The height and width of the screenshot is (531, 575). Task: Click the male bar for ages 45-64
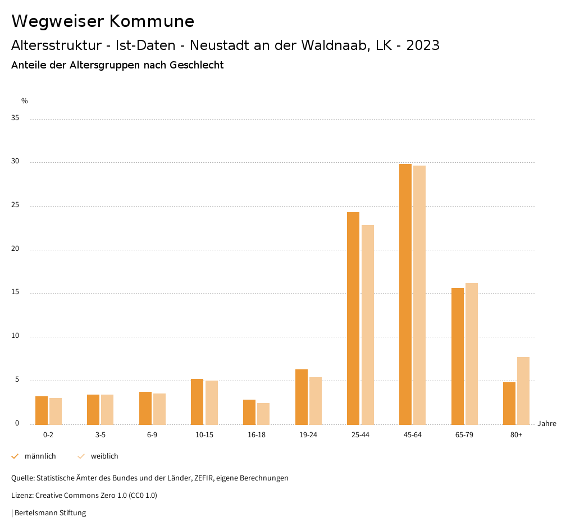click(405, 294)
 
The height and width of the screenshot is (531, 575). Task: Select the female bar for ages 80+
click(523, 391)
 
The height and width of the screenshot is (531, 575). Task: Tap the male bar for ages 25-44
click(353, 318)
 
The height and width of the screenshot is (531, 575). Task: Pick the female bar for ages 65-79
click(472, 354)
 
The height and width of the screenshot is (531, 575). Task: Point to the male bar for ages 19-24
click(302, 397)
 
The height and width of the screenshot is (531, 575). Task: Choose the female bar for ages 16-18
click(263, 414)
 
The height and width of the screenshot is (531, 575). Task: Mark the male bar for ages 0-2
click(42, 410)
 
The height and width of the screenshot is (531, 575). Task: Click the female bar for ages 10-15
click(211, 402)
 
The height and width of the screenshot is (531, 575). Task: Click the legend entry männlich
click(40, 456)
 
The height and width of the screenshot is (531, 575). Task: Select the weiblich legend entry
click(104, 456)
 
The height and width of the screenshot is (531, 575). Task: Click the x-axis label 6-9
click(152, 435)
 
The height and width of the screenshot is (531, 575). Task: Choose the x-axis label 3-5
click(101, 435)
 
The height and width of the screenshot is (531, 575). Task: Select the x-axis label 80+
click(517, 435)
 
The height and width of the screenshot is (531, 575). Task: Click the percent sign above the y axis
click(25, 101)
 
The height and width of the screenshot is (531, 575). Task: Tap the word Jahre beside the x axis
click(547, 424)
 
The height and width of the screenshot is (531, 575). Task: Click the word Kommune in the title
click(152, 21)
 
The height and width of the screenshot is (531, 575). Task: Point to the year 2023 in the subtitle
click(423, 45)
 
